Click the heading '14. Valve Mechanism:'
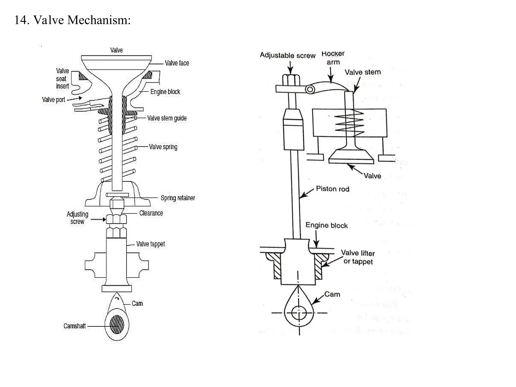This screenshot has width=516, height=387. tap(72, 20)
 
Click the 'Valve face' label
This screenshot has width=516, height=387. tap(177, 63)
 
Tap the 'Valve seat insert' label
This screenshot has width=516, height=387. tap(62, 78)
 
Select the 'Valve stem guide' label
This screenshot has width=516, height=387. tap(167, 118)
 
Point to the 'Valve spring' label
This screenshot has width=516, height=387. tap(163, 147)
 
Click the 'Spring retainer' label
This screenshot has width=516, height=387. tap(178, 198)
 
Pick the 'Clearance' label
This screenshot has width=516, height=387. tap(151, 213)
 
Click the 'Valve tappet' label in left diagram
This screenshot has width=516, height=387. tap(150, 244)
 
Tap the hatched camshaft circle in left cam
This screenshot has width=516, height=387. tap(117, 324)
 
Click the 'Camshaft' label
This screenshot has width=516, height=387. tap(75, 326)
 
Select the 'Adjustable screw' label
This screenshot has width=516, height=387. tap(287, 55)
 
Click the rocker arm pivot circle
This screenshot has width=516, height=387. tap(310, 89)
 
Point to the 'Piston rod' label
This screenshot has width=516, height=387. tap(333, 189)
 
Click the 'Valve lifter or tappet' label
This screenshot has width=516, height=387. tap(358, 257)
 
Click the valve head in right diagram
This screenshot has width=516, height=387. tap(351, 156)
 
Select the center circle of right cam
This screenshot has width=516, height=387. tap(299, 313)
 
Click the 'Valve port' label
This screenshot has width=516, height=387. tap(54, 100)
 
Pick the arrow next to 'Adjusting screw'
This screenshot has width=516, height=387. tap(98, 219)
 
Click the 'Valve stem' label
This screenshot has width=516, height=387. tap(363, 72)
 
